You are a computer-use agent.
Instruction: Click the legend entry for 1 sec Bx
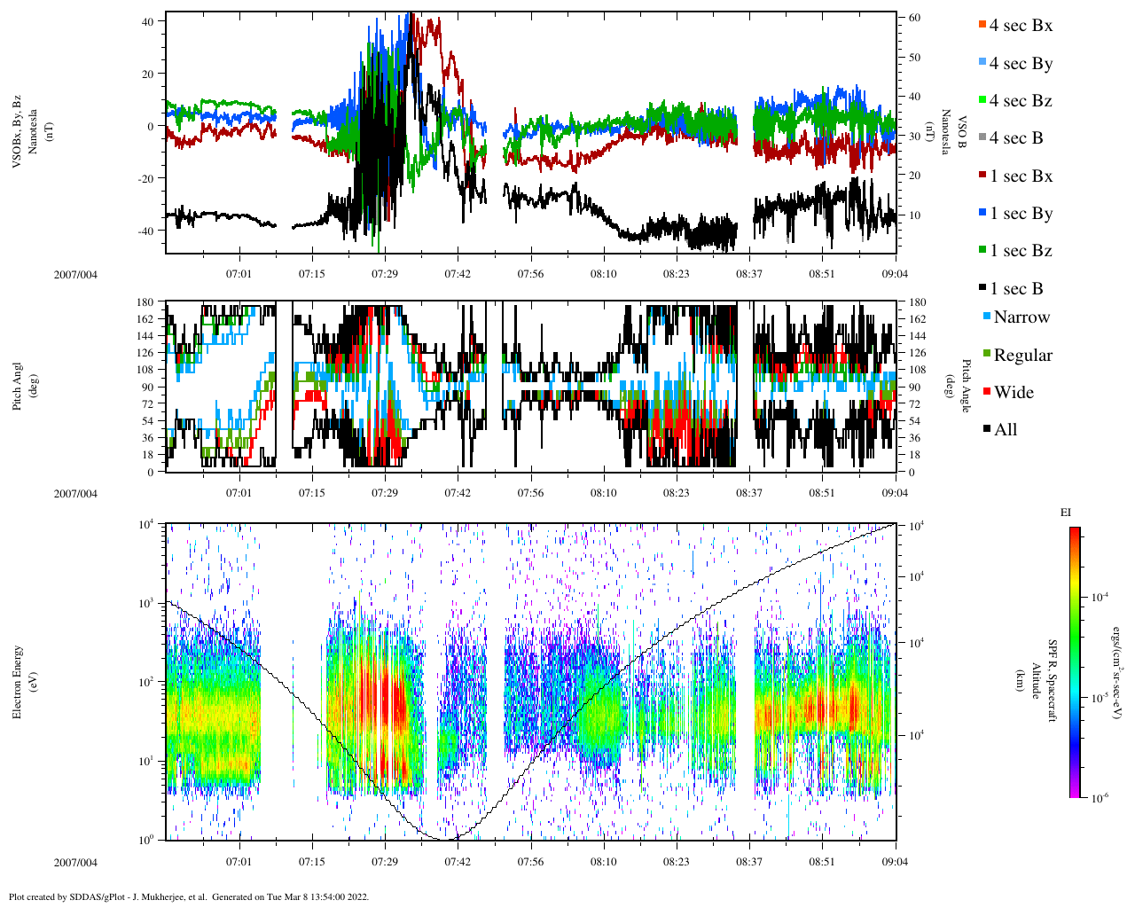pos(1020,176)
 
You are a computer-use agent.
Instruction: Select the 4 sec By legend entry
pos(1020,63)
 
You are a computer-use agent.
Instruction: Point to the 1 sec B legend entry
pos(1016,288)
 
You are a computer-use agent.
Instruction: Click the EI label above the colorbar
pos(1066,513)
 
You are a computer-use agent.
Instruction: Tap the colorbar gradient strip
pos(1074,661)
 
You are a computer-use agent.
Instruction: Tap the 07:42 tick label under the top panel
pos(458,274)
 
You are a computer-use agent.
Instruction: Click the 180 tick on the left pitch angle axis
pos(145,302)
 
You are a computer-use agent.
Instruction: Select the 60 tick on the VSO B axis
pos(913,18)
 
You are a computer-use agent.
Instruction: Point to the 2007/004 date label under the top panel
pos(75,274)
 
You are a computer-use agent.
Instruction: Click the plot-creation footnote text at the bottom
pos(188,896)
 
